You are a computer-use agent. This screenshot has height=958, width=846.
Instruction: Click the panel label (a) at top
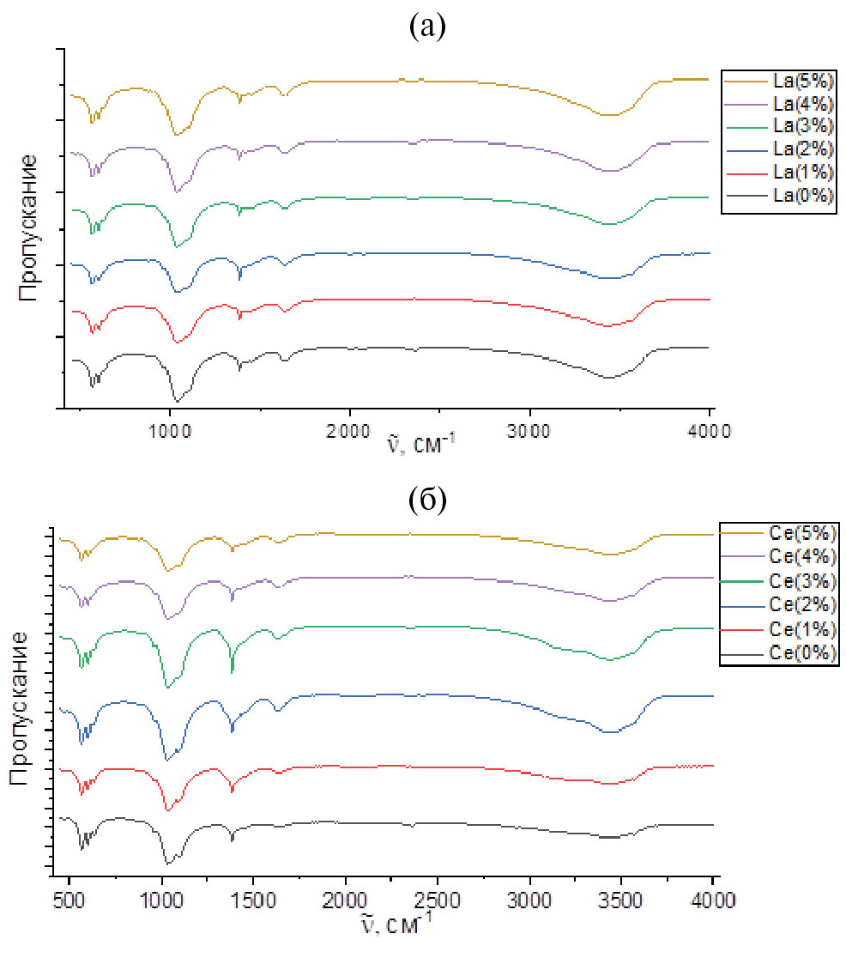point(428,28)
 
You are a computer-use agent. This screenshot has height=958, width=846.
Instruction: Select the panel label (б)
point(428,500)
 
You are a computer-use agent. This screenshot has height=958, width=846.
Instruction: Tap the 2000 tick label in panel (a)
point(349,432)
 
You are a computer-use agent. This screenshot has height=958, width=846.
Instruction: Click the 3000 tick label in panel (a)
point(530,432)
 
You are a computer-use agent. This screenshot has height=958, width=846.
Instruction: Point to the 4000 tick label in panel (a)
point(710,432)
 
